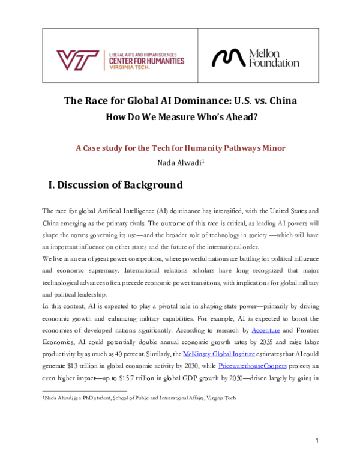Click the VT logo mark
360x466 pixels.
79,59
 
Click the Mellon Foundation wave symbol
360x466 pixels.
229,58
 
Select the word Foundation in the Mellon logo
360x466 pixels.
273,63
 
